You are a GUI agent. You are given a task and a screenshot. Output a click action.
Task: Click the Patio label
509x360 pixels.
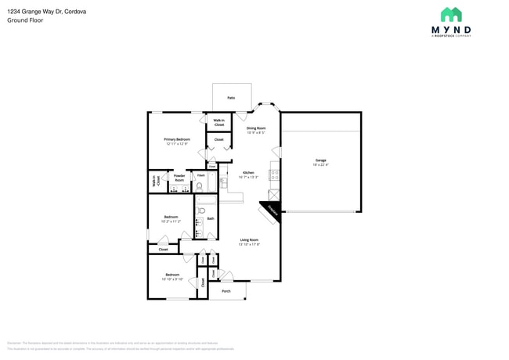point(231,98)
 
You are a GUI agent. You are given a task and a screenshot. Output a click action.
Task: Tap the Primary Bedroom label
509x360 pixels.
point(177,139)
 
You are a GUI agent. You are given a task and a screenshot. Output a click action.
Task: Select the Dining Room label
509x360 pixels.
point(256,128)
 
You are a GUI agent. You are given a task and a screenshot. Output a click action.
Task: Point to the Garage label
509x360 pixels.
point(321,160)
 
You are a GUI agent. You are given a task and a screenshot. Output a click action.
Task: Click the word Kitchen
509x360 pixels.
point(248,172)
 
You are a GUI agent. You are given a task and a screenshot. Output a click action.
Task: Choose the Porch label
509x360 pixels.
point(226,291)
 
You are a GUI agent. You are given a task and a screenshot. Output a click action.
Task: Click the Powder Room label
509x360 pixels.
point(179,178)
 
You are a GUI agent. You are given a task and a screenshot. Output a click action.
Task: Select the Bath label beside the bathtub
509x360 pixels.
point(211,218)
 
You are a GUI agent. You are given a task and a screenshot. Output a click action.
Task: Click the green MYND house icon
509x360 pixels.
point(451,15)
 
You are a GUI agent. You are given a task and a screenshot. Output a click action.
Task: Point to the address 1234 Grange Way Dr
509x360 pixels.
point(47,12)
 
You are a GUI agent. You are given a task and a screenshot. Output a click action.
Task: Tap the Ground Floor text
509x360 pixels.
point(26,20)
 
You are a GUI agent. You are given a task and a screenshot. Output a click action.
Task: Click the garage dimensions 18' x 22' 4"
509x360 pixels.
point(321,165)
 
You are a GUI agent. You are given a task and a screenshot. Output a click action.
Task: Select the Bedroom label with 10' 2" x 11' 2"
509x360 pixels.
point(171,217)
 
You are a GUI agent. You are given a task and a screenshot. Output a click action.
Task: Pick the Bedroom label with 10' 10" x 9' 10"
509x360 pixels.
point(172,275)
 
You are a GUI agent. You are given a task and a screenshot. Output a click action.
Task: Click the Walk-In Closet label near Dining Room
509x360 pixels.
point(218,122)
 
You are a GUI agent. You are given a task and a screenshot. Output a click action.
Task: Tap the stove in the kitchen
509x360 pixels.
point(274,175)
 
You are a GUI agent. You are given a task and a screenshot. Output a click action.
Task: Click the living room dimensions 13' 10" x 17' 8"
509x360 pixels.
point(249,244)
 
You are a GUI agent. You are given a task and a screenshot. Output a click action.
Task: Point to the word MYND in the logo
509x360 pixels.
point(451,30)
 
